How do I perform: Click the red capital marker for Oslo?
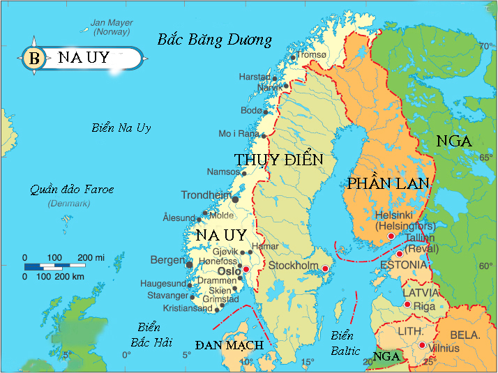click(246, 269)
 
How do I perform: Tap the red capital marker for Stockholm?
click(324, 267)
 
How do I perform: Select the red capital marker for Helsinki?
click(391, 236)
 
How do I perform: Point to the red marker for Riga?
click(407, 304)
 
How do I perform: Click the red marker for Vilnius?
click(422, 345)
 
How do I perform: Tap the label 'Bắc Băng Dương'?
click(214, 39)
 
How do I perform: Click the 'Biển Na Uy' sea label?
click(121, 128)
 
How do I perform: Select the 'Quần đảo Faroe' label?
click(71, 189)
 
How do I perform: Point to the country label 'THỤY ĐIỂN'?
click(279, 160)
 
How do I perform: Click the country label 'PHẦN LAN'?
click(388, 183)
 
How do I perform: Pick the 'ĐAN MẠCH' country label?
click(229, 345)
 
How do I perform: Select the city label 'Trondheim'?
click(206, 195)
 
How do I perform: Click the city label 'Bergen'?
click(167, 260)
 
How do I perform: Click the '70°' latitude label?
click(485, 47)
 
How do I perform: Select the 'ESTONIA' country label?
click(403, 265)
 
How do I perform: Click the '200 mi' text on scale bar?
click(91, 258)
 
